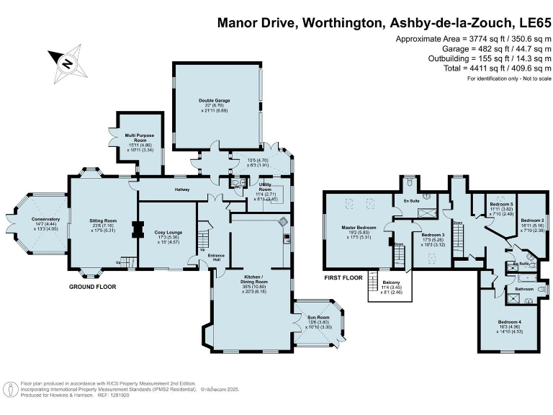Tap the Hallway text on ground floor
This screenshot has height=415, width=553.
pos(181,189)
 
